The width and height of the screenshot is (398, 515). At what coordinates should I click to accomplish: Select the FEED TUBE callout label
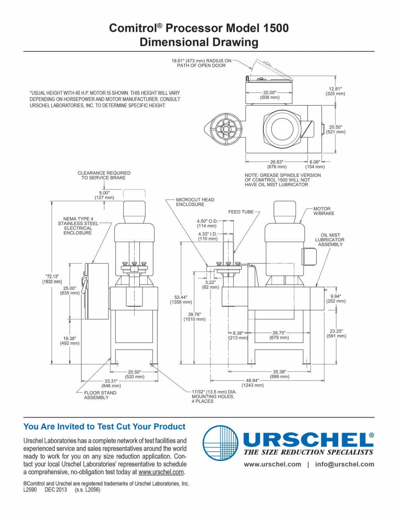241,212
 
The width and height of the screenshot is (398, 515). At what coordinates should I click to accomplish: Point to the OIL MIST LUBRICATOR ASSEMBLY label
330,240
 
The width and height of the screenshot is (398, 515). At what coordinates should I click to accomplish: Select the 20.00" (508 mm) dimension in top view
269,94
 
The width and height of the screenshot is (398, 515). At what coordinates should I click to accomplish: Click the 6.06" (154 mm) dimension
315,164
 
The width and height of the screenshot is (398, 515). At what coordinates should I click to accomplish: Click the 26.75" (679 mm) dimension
279,335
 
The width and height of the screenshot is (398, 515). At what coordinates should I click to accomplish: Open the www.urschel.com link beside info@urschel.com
272,464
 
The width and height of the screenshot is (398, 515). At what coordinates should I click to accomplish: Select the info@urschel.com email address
344,464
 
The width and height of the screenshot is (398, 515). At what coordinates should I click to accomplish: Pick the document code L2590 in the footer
30,490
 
